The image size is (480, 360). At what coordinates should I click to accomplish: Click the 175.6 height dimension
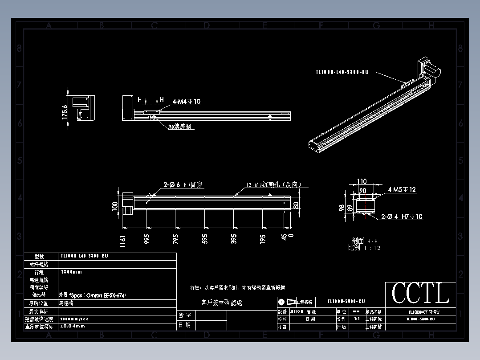pos(64,112)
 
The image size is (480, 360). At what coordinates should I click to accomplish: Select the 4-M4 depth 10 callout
pos(187,102)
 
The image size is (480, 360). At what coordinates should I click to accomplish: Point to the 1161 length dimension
pos(123,241)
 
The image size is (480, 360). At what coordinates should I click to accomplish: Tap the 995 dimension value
pos(146,239)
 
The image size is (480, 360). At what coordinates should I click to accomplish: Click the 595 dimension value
pos(205,239)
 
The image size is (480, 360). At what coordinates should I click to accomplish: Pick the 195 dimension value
pos(263,239)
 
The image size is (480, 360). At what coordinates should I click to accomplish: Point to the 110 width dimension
pos(362,181)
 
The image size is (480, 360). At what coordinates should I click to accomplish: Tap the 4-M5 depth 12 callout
pos(402,190)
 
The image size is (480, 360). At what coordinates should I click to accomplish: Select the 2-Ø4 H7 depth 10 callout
pos(402,217)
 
